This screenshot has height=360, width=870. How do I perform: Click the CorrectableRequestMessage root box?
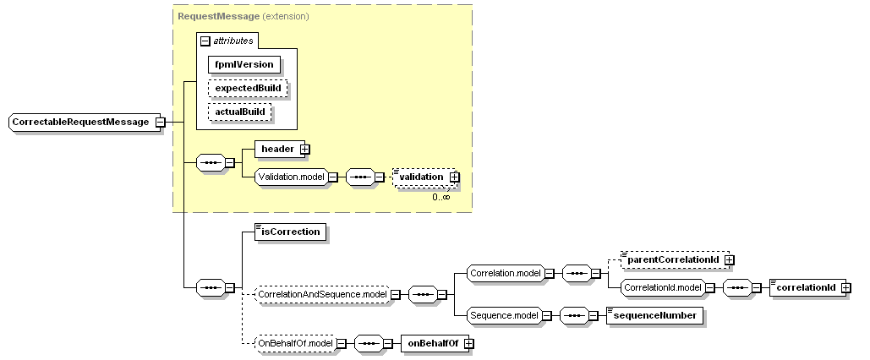pyautogui.click(x=80, y=123)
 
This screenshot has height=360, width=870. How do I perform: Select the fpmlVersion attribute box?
pyautogui.click(x=245, y=64)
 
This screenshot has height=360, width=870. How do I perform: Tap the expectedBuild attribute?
pyautogui.click(x=248, y=88)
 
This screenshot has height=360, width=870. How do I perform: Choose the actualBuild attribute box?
pyautogui.click(x=240, y=112)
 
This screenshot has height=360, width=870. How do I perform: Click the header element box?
pyautogui.click(x=276, y=150)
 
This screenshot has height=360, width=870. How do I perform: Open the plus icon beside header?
pyautogui.click(x=304, y=150)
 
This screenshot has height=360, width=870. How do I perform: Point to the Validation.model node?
pyautogui.click(x=290, y=177)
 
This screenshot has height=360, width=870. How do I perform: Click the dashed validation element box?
pyautogui.click(x=422, y=177)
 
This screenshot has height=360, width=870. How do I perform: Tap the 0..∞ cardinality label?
pyautogui.click(x=440, y=197)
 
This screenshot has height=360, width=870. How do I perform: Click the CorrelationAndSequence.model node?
pyautogui.click(x=321, y=294)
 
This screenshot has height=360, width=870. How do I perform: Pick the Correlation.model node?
pyautogui.click(x=504, y=274)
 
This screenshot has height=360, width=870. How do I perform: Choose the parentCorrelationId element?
pyautogui.click(x=672, y=259)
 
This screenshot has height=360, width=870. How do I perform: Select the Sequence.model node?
pyautogui.click(x=503, y=315)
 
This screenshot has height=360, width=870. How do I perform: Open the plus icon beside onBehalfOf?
pyautogui.click(x=468, y=343)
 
